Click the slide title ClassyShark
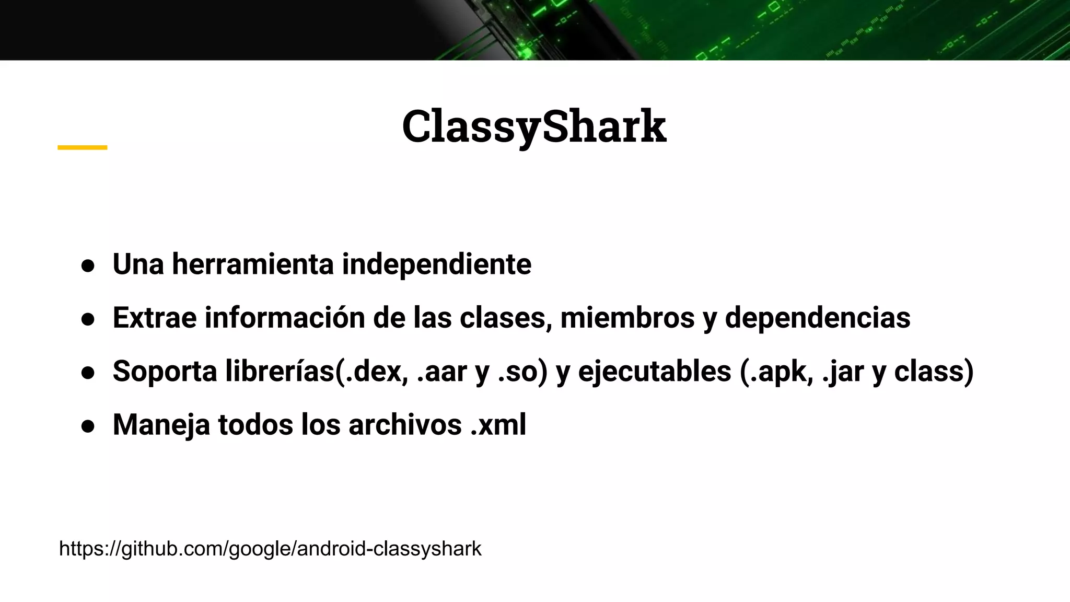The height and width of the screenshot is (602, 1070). [x=534, y=126]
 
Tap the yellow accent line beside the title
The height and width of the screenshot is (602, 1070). [x=82, y=148]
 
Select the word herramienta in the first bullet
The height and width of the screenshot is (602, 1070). [x=253, y=264]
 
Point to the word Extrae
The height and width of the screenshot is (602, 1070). [x=155, y=318]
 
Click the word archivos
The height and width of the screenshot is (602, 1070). [x=405, y=424]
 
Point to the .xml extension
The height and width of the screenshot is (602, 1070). [x=498, y=424]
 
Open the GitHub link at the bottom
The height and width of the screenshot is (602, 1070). [x=270, y=549]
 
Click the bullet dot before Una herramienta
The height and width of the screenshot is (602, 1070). [x=88, y=265]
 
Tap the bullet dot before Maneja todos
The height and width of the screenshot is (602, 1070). [x=88, y=426]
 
